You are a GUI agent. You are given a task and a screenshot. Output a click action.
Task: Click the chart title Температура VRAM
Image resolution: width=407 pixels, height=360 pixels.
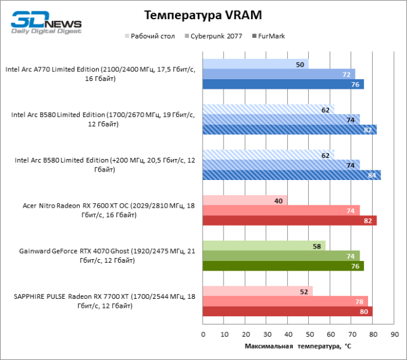(203, 14)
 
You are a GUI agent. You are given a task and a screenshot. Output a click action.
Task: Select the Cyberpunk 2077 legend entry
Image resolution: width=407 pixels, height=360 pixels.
(216, 36)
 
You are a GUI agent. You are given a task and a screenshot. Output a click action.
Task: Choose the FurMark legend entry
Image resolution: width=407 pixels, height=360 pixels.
(270, 36)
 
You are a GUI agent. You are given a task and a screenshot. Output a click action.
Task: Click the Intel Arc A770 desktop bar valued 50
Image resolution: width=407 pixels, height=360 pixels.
(256, 64)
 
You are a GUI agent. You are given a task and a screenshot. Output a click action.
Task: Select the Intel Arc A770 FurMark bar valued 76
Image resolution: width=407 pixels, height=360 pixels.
(283, 84)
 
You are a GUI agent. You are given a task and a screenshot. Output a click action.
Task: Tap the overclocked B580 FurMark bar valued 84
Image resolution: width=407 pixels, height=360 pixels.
(291, 175)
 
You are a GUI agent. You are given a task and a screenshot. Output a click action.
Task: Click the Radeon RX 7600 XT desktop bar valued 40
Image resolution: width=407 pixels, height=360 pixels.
(245, 200)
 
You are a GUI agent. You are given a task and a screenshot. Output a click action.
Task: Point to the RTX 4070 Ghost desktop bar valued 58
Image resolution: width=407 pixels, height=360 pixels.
(264, 246)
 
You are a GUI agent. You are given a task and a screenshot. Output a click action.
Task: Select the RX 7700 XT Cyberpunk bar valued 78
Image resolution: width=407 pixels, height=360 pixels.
(285, 301)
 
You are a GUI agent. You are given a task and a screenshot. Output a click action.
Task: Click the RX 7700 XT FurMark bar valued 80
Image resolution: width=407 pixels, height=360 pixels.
(288, 311)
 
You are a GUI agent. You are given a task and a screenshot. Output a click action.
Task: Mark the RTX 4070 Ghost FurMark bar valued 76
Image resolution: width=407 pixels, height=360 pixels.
(283, 266)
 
